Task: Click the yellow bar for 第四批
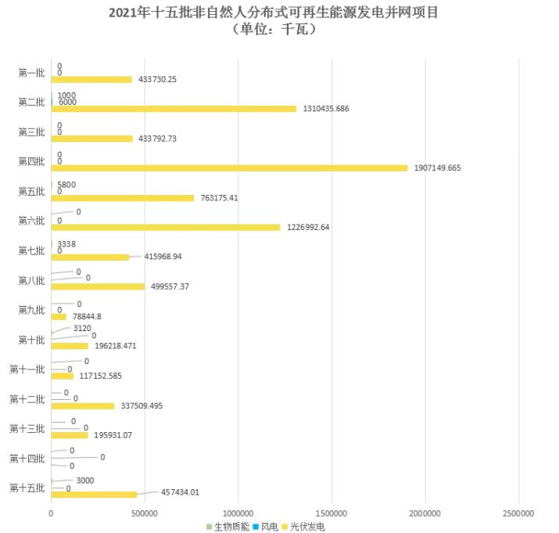pyautogui.click(x=229, y=168)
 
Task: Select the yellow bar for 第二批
pyautogui.click(x=174, y=109)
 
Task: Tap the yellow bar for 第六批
pyautogui.click(x=166, y=228)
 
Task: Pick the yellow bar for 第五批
pyautogui.click(x=123, y=198)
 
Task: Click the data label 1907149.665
pyautogui.click(x=443, y=168)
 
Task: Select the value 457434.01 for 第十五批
pyautogui.click(x=180, y=492)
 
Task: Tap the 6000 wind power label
pyautogui.click(x=67, y=102)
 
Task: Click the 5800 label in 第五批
pyautogui.click(x=67, y=185)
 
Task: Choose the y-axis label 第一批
pyautogui.click(x=31, y=73)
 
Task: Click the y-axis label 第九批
pyautogui.click(x=31, y=310)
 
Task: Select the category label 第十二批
pyautogui.click(x=27, y=399)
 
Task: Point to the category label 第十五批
pyautogui.click(x=27, y=488)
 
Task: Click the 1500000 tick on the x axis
pyautogui.click(x=331, y=513)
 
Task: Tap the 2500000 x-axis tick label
pyautogui.click(x=518, y=513)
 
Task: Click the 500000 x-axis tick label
pyautogui.click(x=145, y=513)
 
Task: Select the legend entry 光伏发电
pyautogui.click(x=306, y=527)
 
